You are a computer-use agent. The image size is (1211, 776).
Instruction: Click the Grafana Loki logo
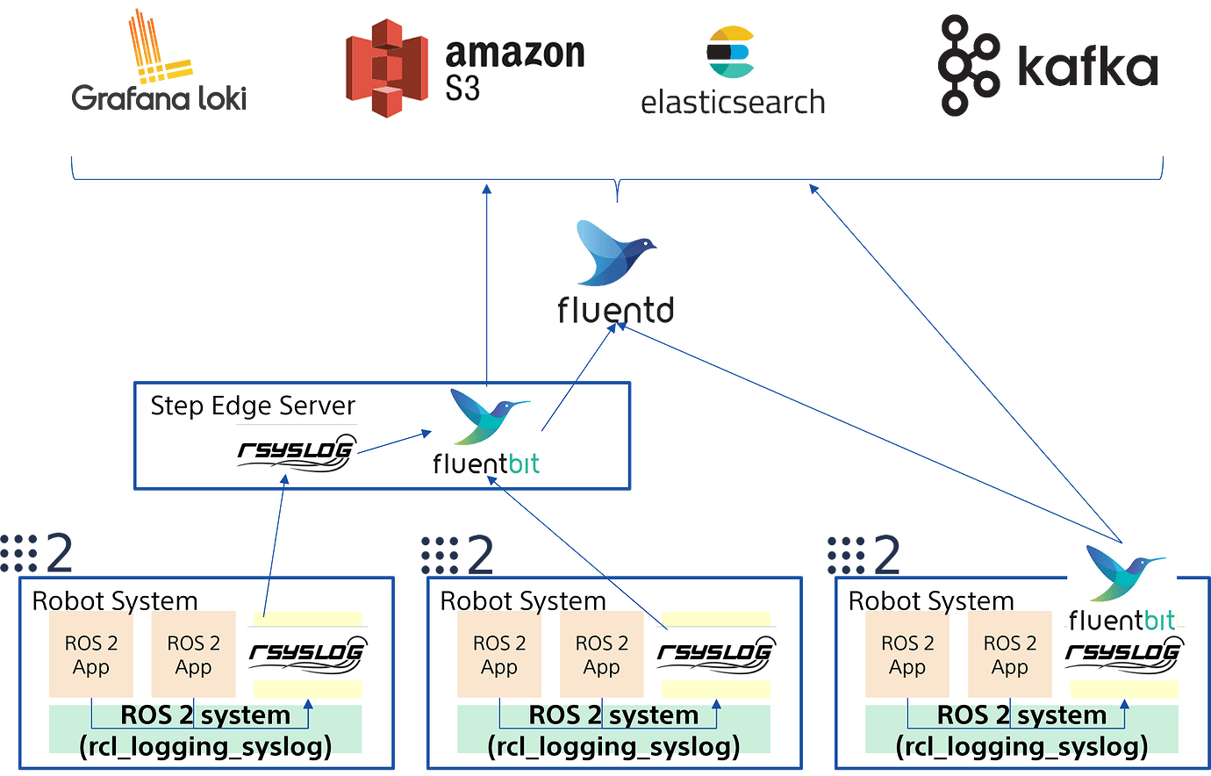click(160, 66)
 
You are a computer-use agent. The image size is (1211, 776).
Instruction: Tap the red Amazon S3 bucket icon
click(386, 68)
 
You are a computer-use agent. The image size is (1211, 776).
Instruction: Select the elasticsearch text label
click(734, 103)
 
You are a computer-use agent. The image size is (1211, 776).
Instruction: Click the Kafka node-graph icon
click(969, 65)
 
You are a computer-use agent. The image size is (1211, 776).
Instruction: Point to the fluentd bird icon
click(614, 253)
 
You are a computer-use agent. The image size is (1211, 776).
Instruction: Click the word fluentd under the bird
click(616, 311)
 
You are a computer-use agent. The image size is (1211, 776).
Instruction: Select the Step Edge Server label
click(253, 406)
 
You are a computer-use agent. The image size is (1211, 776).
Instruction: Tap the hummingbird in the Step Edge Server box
click(488, 416)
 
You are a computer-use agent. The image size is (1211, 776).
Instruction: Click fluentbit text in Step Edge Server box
click(486, 463)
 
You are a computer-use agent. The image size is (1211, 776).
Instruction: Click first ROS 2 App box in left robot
click(91, 655)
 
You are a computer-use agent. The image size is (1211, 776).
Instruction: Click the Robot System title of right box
click(930, 601)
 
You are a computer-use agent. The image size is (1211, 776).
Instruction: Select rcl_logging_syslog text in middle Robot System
click(613, 746)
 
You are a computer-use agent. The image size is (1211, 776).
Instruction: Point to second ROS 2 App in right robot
click(1009, 655)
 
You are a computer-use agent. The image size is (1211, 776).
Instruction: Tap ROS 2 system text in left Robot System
click(205, 715)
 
